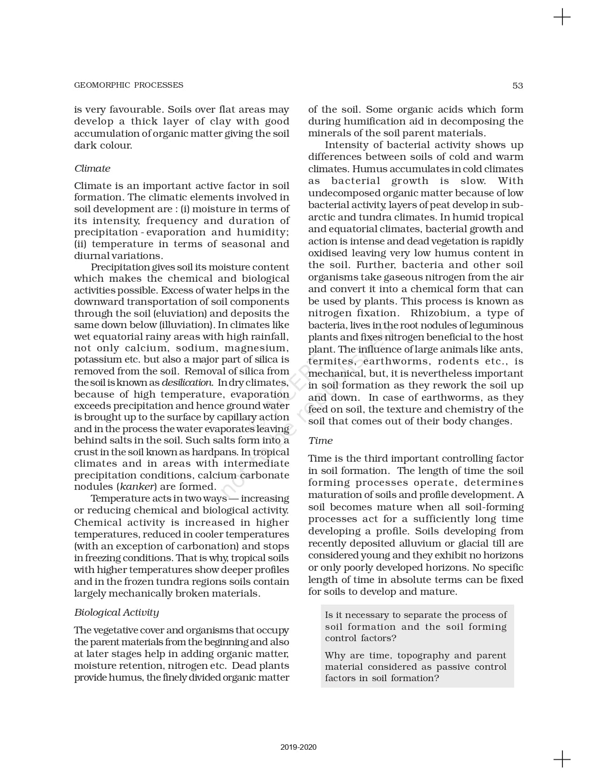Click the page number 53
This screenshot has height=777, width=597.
(x=517, y=85)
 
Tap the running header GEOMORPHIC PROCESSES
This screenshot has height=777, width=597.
(x=129, y=85)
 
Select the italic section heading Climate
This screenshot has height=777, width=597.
(x=92, y=168)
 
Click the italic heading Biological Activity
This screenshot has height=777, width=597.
(x=116, y=612)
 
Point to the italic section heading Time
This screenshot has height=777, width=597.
(x=320, y=440)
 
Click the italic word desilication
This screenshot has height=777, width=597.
(x=186, y=383)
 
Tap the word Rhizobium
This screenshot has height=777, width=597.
(x=438, y=313)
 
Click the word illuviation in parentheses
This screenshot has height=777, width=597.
(x=186, y=325)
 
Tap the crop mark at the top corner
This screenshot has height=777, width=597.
(x=562, y=17)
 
